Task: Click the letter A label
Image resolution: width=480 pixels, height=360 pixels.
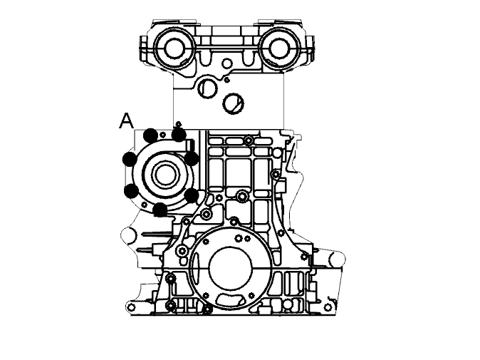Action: click(126, 120)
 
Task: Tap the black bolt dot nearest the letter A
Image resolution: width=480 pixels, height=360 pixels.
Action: click(150, 135)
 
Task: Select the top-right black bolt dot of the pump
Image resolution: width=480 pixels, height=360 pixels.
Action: click(179, 135)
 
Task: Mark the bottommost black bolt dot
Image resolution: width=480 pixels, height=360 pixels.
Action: click(160, 210)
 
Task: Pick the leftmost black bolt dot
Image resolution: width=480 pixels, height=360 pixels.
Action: click(130, 159)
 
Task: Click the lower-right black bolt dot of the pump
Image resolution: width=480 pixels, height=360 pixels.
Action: click(192, 195)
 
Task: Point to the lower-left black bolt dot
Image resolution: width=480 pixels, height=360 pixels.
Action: click(131, 191)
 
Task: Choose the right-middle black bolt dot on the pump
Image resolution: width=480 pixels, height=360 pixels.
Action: click(192, 158)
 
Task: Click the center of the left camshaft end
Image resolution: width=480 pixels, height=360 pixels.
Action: click(174, 48)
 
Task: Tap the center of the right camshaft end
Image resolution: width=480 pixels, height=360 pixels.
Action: click(279, 48)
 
